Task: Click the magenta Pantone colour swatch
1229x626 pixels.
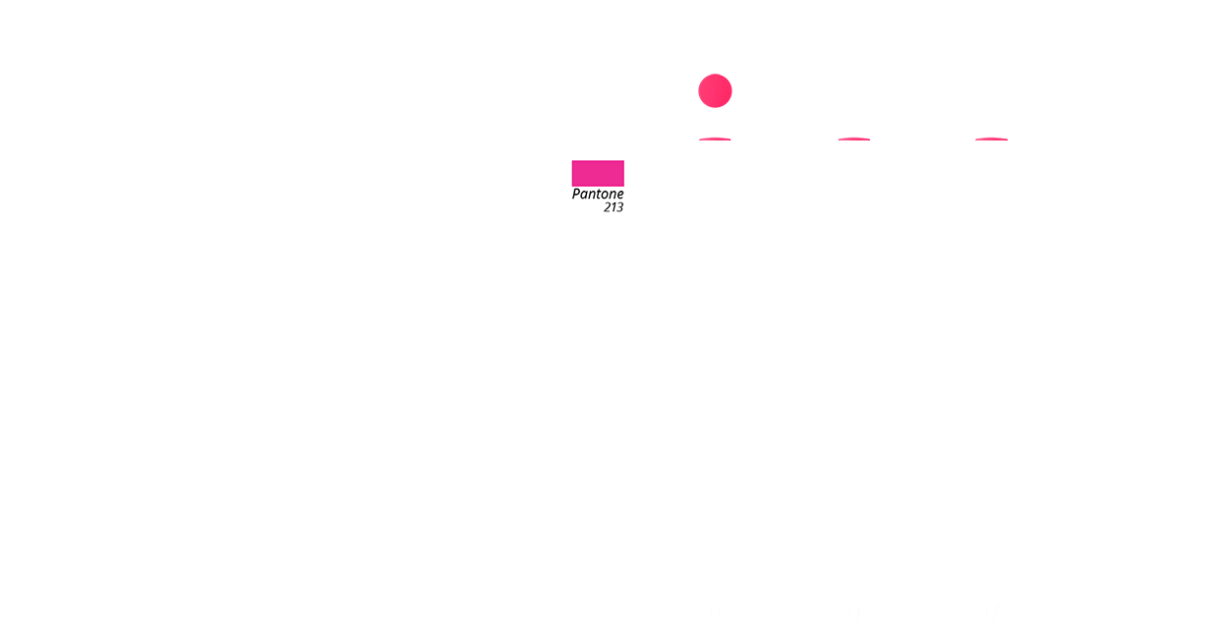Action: point(598,173)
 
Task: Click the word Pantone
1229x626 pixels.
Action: point(598,195)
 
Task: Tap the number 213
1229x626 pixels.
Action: point(614,207)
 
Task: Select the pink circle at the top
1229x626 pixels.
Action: point(715,92)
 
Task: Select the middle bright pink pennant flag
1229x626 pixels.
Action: point(883,197)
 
